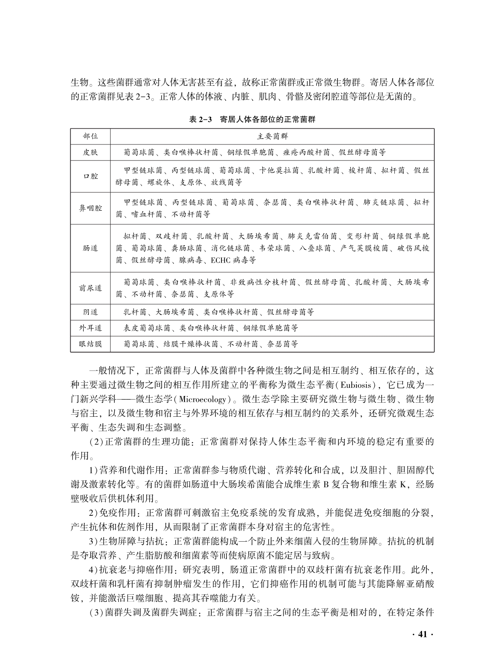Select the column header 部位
pos(90,136)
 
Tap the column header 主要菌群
pos(272,136)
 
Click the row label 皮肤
pos(90,153)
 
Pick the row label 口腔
pos(90,176)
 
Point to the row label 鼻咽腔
pos(90,209)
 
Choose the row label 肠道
pos(90,248)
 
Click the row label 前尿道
pos(90,288)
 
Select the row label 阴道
pos(90,312)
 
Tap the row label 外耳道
pos(90,328)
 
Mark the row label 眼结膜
pos(90,344)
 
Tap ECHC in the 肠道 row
pos(221,260)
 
